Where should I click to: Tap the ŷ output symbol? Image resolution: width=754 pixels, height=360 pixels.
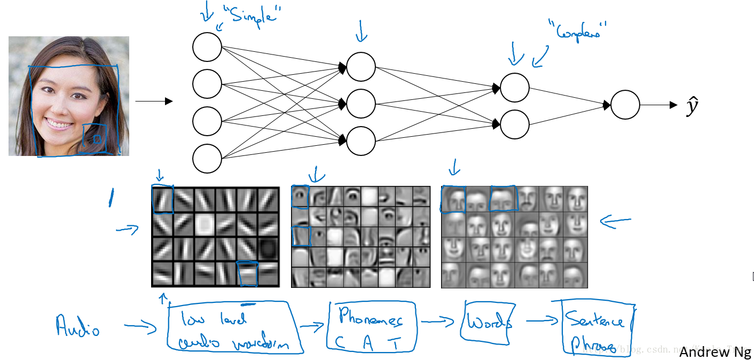pyautogui.click(x=692, y=106)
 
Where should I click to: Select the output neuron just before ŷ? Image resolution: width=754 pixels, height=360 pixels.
pyautogui.click(x=625, y=105)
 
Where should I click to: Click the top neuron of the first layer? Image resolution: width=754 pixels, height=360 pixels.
pyautogui.click(x=207, y=47)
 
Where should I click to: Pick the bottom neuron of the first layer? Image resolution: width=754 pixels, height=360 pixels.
pyautogui.click(x=207, y=158)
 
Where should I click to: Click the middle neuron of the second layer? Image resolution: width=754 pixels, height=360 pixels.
pyautogui.click(x=361, y=104)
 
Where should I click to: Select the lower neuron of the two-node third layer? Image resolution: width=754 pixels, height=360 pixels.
pyautogui.click(x=515, y=124)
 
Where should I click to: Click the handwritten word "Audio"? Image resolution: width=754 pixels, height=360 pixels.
pyautogui.click(x=78, y=326)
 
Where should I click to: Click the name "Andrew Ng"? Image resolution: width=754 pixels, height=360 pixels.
pyautogui.click(x=715, y=352)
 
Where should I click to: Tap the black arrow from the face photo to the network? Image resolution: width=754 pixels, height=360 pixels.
pyautogui.click(x=154, y=101)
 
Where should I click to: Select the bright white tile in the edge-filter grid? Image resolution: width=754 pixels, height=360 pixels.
pyautogui.click(x=205, y=225)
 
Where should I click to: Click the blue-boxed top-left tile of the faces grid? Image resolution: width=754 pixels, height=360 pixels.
pyautogui.click(x=453, y=199)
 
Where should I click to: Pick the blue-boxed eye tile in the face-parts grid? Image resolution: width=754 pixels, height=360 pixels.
pyautogui.click(x=300, y=197)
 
